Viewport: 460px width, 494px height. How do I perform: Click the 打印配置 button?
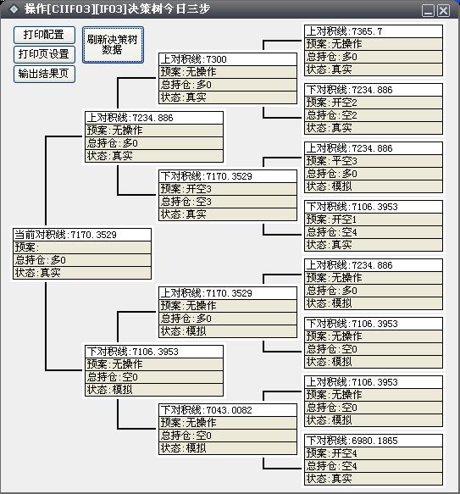[44, 35]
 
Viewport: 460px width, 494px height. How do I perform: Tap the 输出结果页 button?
[44, 74]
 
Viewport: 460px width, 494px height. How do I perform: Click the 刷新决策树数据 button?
[114, 45]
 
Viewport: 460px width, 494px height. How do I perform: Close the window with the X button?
[444, 11]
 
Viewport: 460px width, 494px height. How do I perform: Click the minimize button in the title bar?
[428, 11]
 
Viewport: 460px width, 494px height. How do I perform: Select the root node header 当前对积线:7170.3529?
[82, 235]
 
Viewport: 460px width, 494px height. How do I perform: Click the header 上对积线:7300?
[228, 59]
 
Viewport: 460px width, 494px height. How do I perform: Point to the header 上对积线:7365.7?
[374, 31]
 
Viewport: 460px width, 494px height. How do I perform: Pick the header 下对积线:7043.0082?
[228, 410]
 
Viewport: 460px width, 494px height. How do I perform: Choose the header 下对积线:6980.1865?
[374, 441]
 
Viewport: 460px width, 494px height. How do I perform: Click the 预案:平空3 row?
[374, 161]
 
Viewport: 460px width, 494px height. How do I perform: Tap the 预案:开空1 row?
[374, 219]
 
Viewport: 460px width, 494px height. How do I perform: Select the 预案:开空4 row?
[374, 453]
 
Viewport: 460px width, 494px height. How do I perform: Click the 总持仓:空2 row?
[374, 115]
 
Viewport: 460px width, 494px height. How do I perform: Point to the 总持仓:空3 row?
[228, 202]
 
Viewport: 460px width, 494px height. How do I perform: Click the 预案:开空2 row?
[374, 103]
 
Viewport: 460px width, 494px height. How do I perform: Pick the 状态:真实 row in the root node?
[82, 273]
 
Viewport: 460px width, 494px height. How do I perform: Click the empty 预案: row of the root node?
[82, 247]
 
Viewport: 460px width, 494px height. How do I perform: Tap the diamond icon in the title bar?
[14, 9]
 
